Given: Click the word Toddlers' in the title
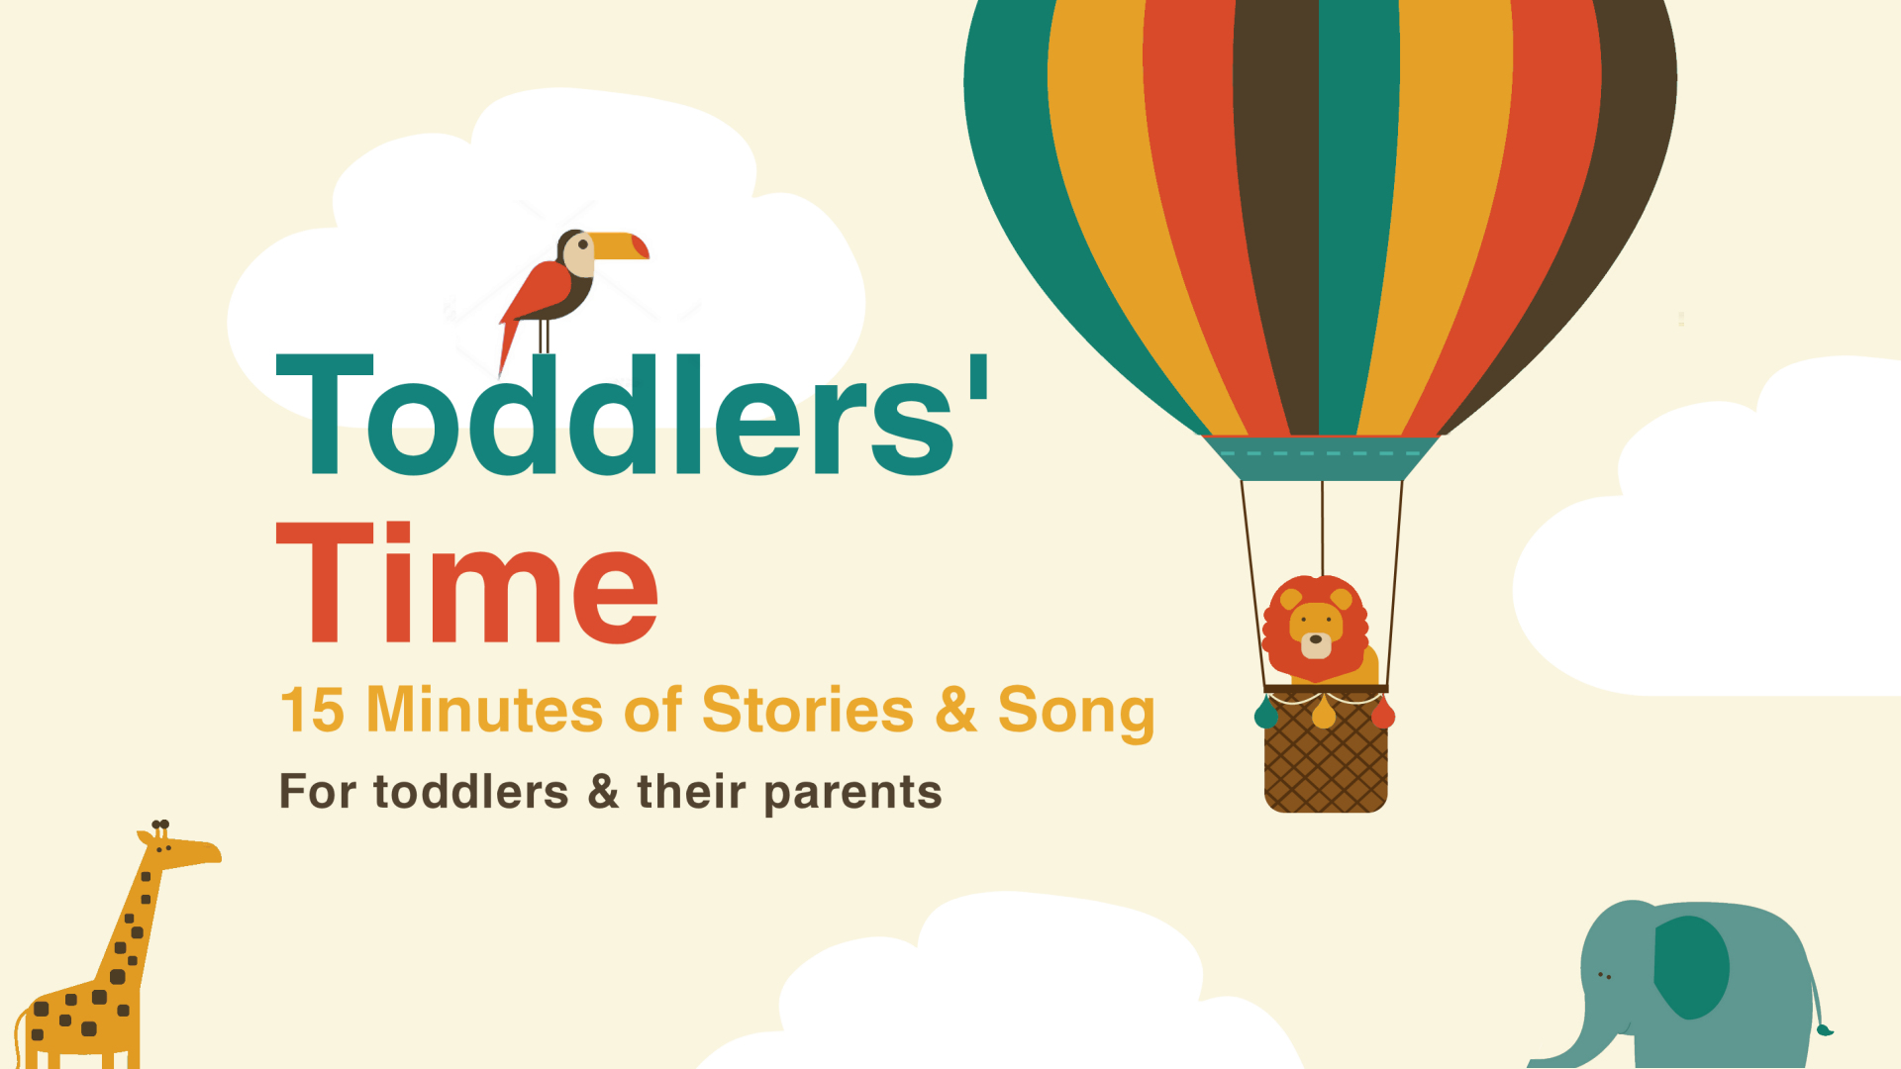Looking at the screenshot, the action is (632, 416).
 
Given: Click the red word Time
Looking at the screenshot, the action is (466, 583).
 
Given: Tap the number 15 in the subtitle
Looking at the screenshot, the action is (312, 711).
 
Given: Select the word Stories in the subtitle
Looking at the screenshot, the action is (807, 710).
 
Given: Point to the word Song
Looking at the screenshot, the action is (1076, 713).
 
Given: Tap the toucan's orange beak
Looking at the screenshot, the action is (617, 246).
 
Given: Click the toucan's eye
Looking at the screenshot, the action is (583, 244).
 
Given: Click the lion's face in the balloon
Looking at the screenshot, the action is (1316, 630).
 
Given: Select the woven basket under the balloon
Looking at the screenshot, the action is (1326, 752).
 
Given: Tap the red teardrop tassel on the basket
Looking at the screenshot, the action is (1383, 713).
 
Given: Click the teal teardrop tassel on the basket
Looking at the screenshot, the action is (1266, 713).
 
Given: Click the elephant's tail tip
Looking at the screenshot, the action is (1824, 1030).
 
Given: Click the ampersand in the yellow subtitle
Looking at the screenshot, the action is (955, 710).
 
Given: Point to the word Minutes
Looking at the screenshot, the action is (484, 710).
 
